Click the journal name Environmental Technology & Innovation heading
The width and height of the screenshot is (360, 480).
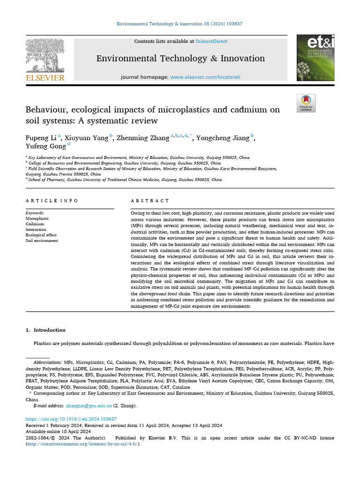pyautogui.click(x=180, y=59)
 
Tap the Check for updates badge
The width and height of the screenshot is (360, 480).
pyautogui.click(x=306, y=103)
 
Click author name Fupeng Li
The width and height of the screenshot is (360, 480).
pyautogui.click(x=41, y=138)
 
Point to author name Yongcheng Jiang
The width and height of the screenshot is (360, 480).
pyautogui.click(x=223, y=138)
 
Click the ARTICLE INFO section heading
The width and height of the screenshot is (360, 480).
pyautogui.click(x=52, y=201)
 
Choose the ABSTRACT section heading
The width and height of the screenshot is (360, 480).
pyautogui.click(x=150, y=201)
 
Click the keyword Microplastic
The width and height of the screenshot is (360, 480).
pyautogui.click(x=37, y=218)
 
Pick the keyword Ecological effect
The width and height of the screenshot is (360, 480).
pyautogui.click(x=41, y=235)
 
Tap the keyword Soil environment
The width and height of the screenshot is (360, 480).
pyautogui.click(x=42, y=240)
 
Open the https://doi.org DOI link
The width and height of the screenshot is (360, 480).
pyautogui.click(x=71, y=419)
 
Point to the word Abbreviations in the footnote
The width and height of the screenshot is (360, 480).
pyautogui.click(x=47, y=362)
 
